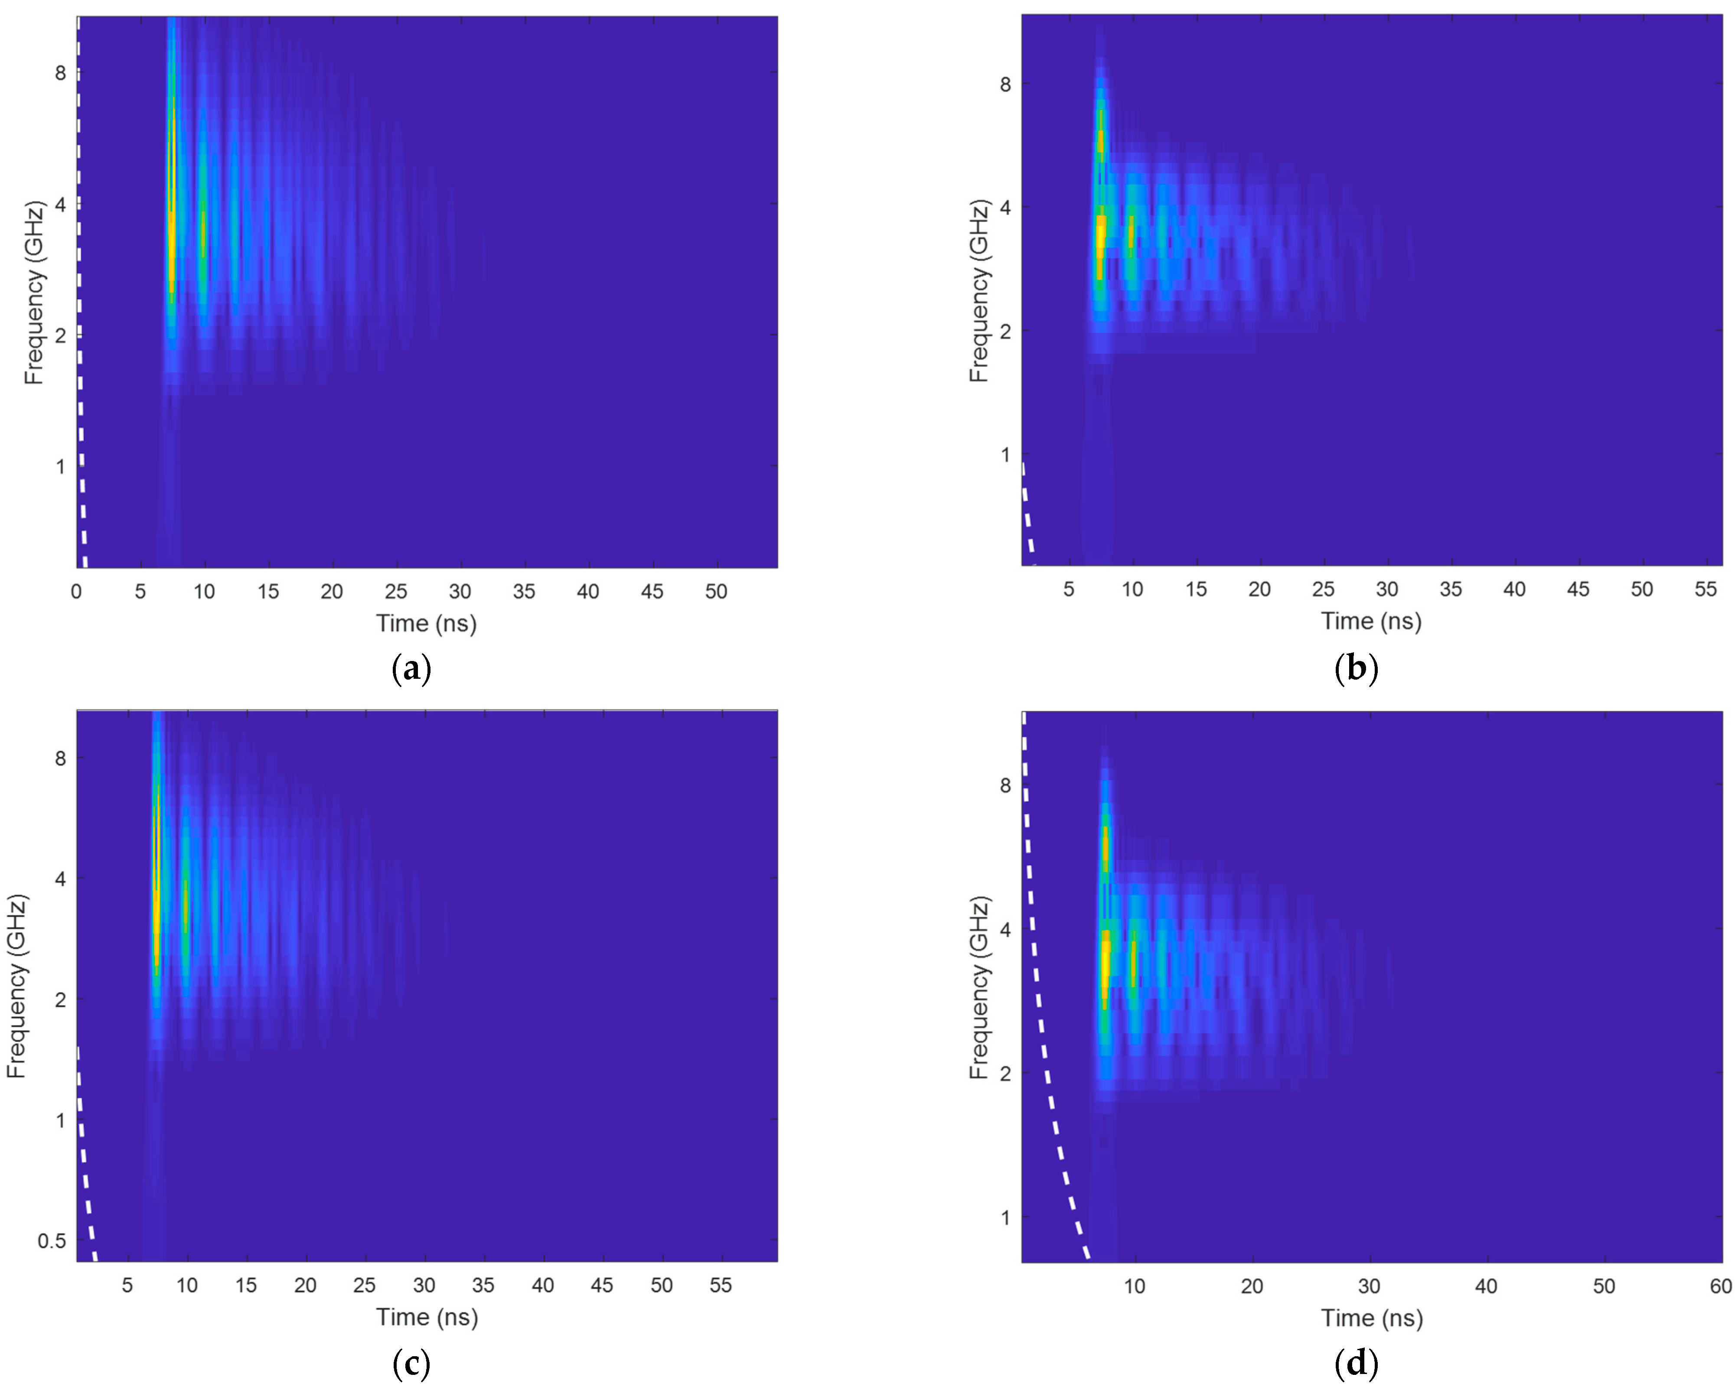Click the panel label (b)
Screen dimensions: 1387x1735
tap(1356, 668)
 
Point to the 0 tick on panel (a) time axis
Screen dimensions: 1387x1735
tap(76, 592)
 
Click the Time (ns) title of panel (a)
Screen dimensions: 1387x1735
tap(427, 624)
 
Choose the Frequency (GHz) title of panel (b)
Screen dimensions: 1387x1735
tap(978, 291)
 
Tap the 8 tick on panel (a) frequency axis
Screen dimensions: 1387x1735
tap(60, 73)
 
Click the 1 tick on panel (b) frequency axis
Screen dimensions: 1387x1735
tap(1004, 455)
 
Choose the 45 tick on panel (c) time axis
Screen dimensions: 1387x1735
tap(602, 1286)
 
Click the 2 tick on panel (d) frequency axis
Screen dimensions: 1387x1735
tap(1004, 1073)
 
